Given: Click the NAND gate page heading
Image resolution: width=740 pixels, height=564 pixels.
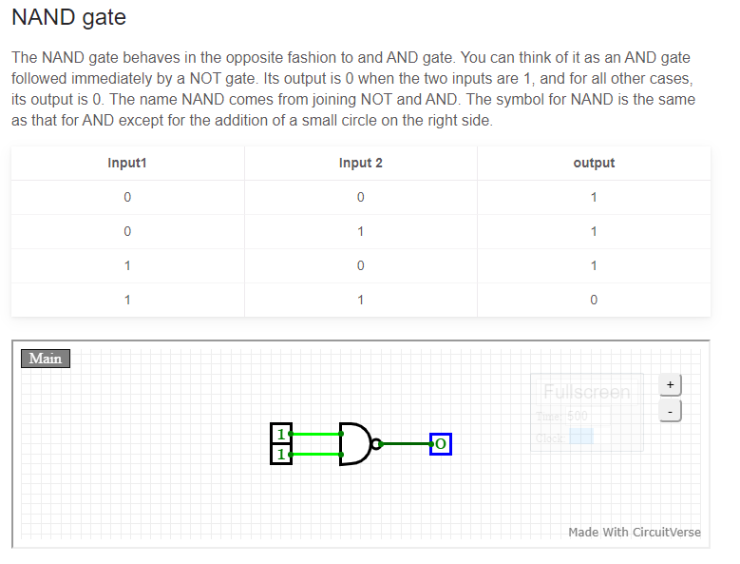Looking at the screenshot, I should [x=68, y=17].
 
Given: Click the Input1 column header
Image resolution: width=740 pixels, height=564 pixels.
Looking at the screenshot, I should [x=127, y=163].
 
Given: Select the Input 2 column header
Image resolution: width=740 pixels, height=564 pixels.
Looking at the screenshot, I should [x=360, y=163].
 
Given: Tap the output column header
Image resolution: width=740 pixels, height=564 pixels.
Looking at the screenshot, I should [x=594, y=163].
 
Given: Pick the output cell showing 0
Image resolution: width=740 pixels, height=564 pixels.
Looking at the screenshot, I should [x=594, y=300].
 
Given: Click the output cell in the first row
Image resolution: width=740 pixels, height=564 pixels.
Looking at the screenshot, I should [x=594, y=197].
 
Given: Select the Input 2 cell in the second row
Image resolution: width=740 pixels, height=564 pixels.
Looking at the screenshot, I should [x=360, y=231].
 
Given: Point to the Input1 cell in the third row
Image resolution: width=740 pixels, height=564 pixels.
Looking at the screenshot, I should [x=127, y=265].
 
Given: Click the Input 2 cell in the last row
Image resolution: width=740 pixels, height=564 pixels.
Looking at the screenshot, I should [x=360, y=300].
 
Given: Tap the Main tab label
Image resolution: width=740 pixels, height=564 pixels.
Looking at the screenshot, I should [x=46, y=359].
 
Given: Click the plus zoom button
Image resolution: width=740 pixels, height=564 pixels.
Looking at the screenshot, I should [x=670, y=384].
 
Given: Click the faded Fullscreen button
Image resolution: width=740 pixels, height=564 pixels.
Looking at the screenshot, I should [x=586, y=392].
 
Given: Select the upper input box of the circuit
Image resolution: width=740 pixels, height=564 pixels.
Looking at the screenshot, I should [x=281, y=434].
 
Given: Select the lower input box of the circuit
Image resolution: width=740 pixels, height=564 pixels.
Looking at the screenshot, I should [x=281, y=454].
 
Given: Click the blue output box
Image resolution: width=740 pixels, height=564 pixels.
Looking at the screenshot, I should [x=440, y=443].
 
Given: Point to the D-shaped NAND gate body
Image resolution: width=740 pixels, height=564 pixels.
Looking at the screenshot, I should [x=353, y=443].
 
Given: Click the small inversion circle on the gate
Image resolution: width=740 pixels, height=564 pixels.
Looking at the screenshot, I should [x=377, y=443].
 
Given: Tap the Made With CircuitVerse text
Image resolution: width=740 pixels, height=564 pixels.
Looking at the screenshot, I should [x=634, y=532].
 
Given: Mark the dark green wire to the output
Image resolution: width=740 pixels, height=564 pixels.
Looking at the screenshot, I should [x=406, y=443].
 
